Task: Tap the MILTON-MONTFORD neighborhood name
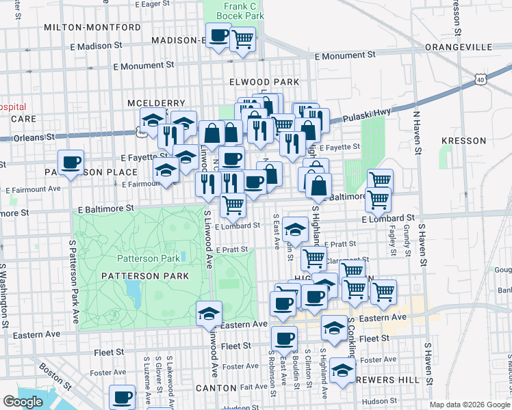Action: coord(92,27)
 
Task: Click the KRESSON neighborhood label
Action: coord(463,141)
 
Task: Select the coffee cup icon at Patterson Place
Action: coord(71,163)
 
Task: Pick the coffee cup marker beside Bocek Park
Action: coord(219,36)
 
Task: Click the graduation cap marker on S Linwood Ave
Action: coord(209,314)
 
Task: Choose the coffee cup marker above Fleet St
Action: coord(284,338)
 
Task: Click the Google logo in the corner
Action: coord(23,402)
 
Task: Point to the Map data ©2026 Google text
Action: coord(470,405)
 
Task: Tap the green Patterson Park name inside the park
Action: coord(147,258)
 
